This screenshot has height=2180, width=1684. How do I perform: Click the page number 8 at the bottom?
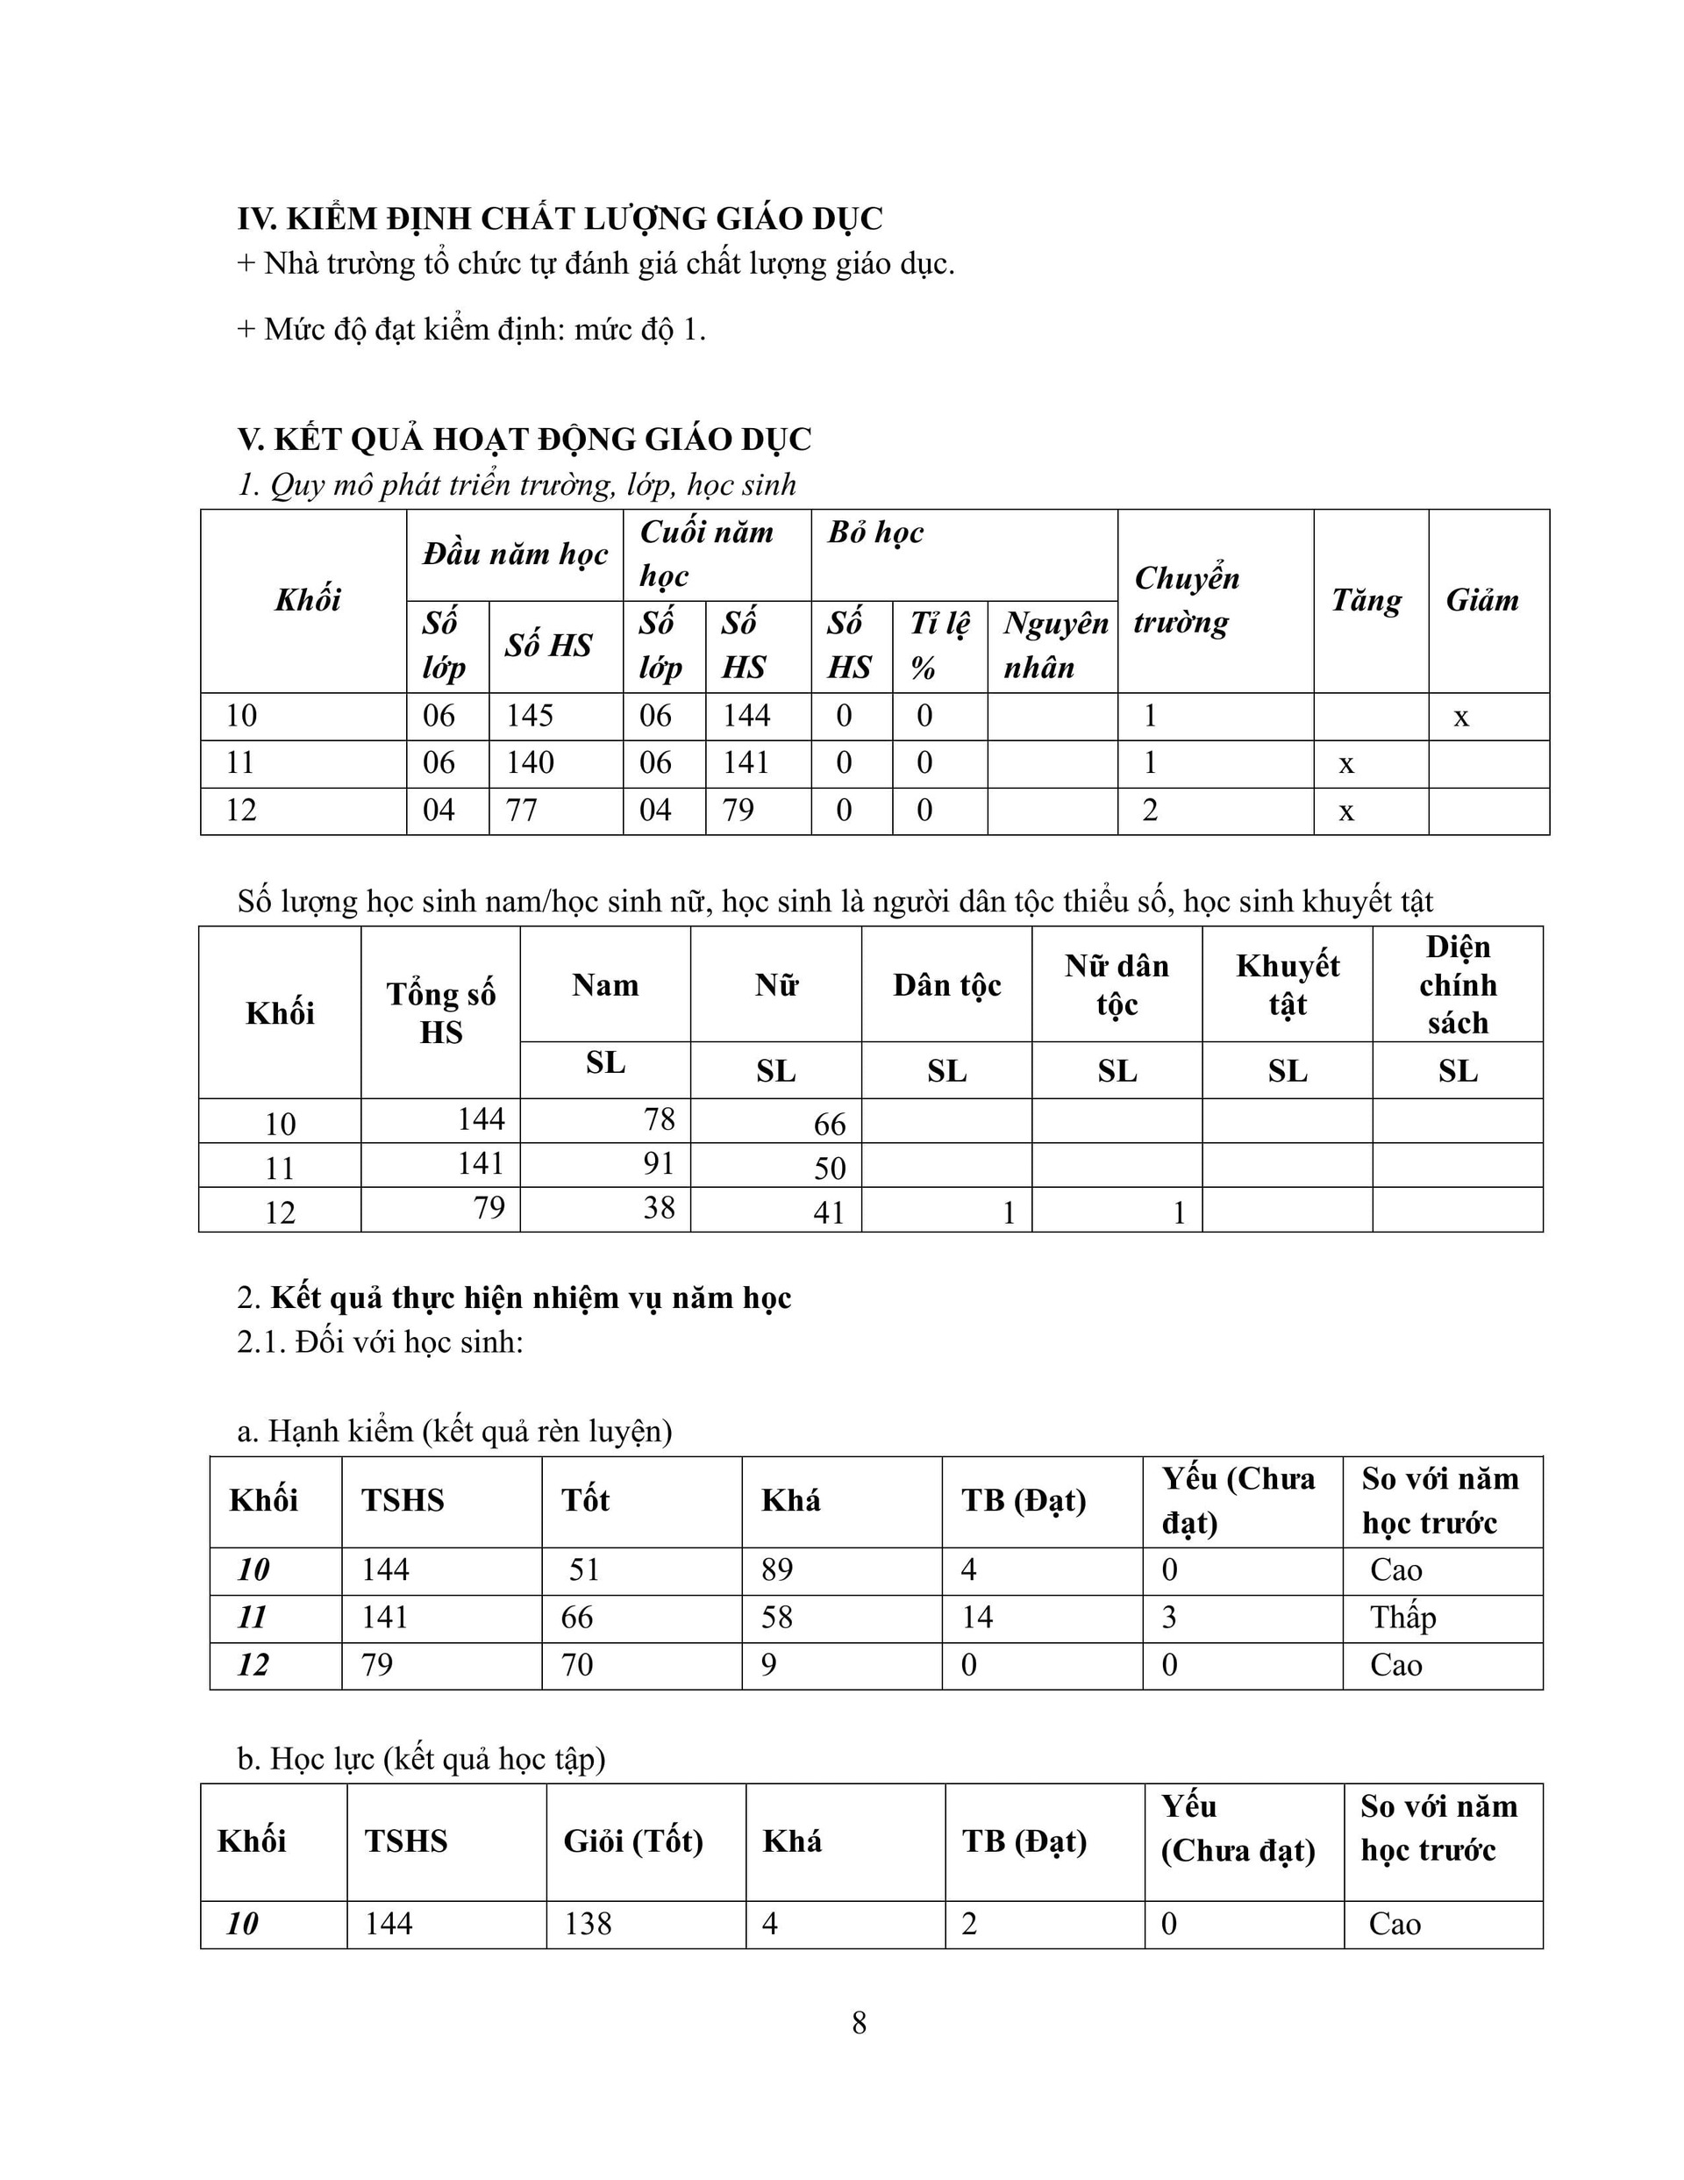[x=859, y=2023]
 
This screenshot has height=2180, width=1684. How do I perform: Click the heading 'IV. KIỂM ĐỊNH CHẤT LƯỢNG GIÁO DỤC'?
[x=560, y=218]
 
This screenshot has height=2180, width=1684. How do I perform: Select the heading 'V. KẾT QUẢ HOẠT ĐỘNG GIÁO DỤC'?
[x=524, y=440]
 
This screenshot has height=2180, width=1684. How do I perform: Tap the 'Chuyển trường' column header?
[x=1186, y=600]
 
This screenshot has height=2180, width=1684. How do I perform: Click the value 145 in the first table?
[x=529, y=716]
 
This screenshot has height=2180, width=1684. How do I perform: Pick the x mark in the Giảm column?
[x=1460, y=717]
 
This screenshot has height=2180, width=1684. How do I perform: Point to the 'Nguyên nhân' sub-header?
[x=1054, y=645]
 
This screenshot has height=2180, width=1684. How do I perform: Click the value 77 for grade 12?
[x=521, y=810]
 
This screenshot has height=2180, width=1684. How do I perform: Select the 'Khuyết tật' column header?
[x=1287, y=984]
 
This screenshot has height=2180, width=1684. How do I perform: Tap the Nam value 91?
[x=659, y=1163]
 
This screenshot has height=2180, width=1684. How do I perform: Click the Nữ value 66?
[x=829, y=1124]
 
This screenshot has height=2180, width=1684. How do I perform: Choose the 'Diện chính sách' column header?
[x=1458, y=984]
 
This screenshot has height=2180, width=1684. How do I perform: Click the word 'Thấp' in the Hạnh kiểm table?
[x=1402, y=1617]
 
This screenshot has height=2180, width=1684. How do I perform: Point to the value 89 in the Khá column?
[x=776, y=1570]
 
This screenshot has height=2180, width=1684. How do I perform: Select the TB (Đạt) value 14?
[x=976, y=1617]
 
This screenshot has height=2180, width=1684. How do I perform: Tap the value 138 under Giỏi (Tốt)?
[x=587, y=1924]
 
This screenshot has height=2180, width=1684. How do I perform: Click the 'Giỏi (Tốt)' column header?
[x=633, y=1840]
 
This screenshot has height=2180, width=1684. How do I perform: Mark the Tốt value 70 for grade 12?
[x=577, y=1664]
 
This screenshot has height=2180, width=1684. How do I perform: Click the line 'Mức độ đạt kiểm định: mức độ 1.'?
[x=471, y=329]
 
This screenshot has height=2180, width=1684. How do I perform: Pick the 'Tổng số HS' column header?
[x=440, y=1012]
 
